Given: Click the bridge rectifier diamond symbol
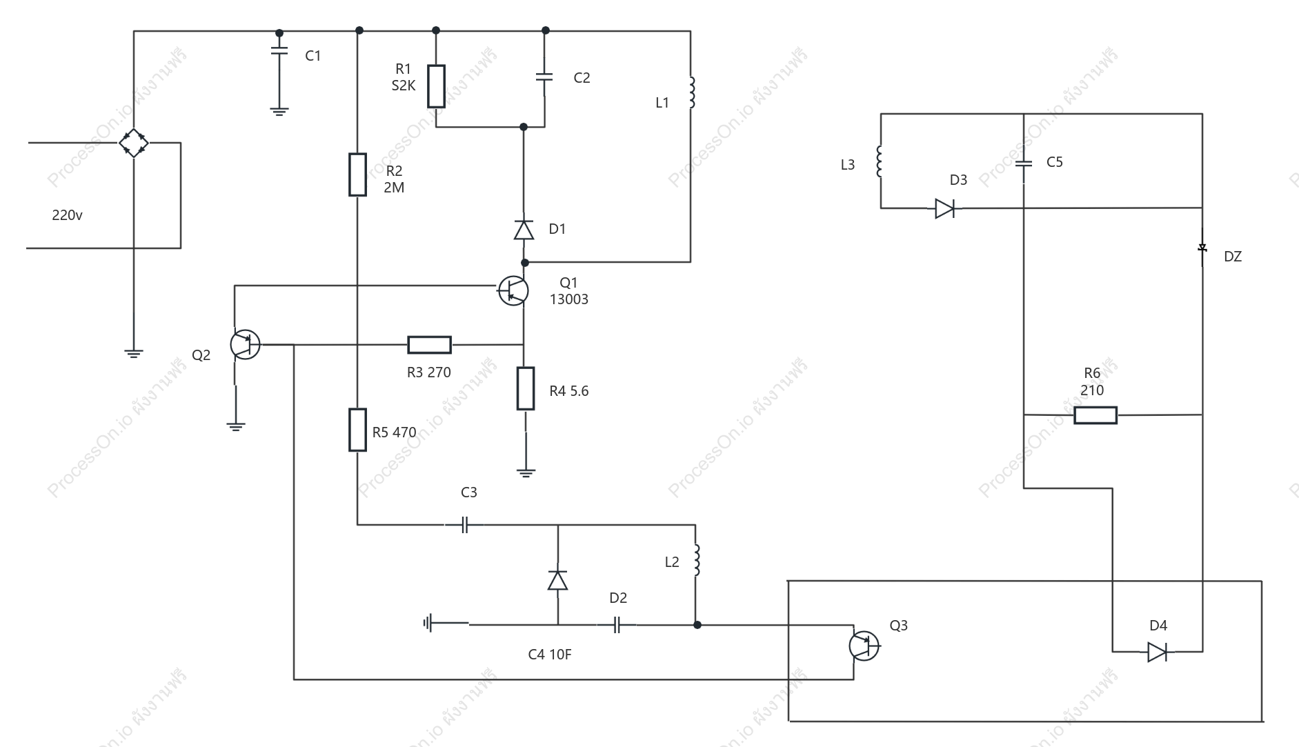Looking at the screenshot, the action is [134, 143].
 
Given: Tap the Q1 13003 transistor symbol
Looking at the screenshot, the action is [513, 290].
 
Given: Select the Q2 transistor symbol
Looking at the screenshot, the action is [245, 344].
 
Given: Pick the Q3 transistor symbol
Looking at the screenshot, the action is [864, 646].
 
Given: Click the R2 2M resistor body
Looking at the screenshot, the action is [357, 175].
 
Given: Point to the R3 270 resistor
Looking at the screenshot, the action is [430, 344].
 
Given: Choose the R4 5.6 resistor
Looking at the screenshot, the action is [526, 388].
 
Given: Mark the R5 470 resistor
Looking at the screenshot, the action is [357, 430].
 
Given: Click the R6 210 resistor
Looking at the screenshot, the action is [1095, 415].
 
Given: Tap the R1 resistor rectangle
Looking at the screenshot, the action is [436, 86].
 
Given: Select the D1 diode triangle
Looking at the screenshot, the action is [524, 230].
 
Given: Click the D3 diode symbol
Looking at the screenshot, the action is [945, 208].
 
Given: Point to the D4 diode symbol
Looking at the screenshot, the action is [1158, 652].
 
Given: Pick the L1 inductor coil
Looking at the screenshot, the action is [692, 92].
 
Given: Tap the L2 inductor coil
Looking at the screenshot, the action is [697, 560].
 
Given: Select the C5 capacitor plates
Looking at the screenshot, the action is [1024, 163].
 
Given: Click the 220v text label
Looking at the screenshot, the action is [68, 215].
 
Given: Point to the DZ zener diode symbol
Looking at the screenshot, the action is [1202, 248].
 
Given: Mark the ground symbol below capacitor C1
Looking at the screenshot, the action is [279, 111].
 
